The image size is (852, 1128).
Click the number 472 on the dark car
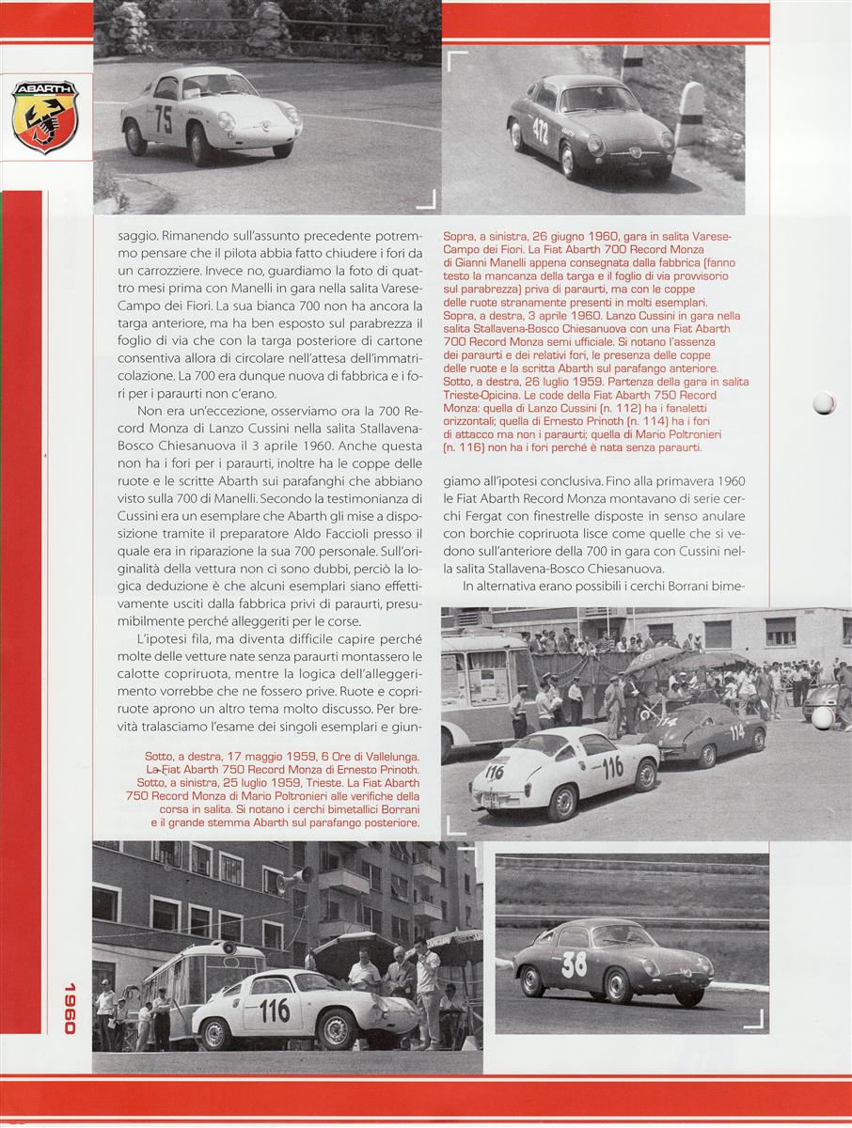[540, 132]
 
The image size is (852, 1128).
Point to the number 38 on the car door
[575, 963]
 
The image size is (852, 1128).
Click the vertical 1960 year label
[69, 1009]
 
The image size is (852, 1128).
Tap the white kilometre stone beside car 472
[690, 113]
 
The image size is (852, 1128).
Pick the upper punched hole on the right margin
[824, 403]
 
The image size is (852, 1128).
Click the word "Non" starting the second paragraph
[151, 412]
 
